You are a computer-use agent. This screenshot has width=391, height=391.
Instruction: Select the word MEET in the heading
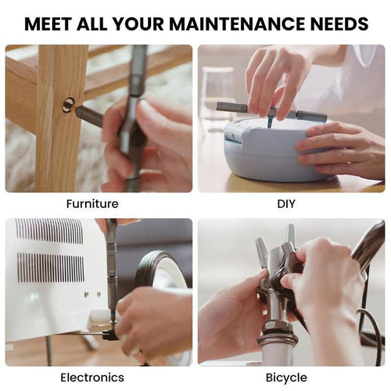click(51, 23)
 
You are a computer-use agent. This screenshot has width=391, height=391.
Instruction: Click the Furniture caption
click(92, 204)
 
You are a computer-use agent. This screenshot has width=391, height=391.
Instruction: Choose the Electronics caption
click(92, 378)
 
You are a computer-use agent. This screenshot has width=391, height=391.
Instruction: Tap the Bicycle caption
click(286, 378)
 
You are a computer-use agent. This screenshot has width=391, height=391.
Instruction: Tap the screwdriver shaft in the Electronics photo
click(112, 266)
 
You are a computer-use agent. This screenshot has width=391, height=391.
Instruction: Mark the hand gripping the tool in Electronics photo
click(152, 321)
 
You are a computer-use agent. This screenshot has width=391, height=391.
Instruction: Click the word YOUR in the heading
click(142, 23)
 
